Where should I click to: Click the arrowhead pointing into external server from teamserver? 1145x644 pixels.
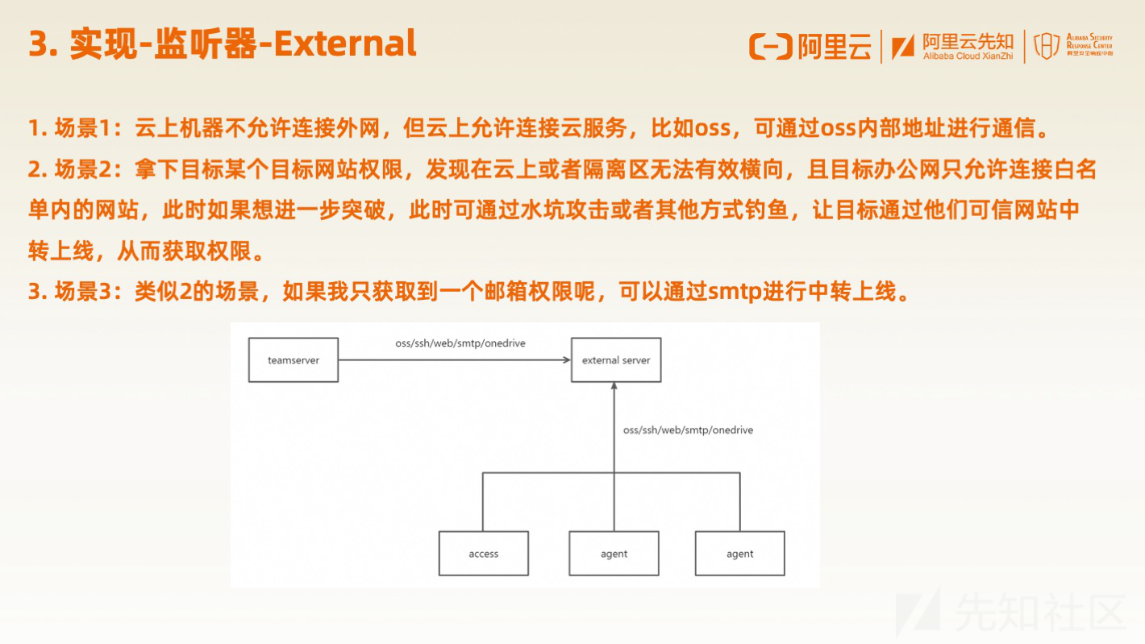click(567, 359)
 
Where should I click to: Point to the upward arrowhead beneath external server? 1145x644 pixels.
click(614, 386)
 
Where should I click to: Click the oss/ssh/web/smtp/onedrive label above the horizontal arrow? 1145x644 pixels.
click(460, 343)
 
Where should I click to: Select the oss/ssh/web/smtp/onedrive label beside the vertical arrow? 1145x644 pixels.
click(688, 430)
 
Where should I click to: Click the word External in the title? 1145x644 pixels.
click(346, 44)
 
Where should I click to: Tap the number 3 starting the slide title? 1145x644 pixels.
click(39, 44)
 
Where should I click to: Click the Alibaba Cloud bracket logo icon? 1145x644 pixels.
click(771, 47)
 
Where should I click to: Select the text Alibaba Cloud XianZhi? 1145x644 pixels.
click(968, 56)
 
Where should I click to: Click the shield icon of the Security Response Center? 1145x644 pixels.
click(1047, 46)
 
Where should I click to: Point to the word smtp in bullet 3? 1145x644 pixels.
click(735, 292)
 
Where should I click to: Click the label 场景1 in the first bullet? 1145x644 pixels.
click(83, 128)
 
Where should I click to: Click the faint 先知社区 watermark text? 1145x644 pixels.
click(1040, 612)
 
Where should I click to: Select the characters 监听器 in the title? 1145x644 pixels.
click(206, 44)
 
